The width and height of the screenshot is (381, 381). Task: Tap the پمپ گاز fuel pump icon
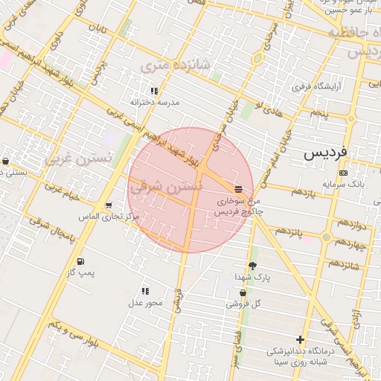tap(80, 261)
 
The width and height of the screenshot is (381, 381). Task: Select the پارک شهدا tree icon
tap(252, 266)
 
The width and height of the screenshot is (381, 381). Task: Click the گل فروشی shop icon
tap(243, 292)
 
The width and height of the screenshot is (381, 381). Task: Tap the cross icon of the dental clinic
tap(301, 339)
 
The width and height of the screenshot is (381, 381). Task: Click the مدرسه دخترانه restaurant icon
tap(154, 91)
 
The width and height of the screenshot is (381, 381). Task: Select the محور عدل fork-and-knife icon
tap(144, 291)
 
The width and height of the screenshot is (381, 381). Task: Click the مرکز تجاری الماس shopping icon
tap(109, 205)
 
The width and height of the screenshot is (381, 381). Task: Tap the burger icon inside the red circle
tap(237, 188)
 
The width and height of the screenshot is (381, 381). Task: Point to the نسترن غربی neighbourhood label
tap(77, 158)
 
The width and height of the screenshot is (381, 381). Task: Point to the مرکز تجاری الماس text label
tap(109, 217)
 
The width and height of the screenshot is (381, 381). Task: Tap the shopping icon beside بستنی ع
tap(6, 161)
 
